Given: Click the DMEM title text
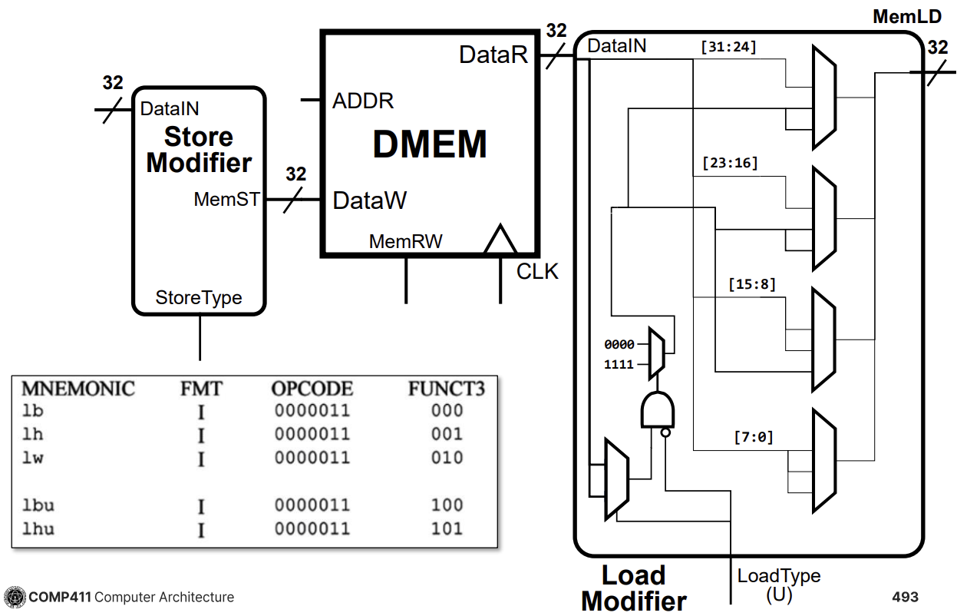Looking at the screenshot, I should [430, 144].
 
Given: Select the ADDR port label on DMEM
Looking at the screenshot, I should [362, 101].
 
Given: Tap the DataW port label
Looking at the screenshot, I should [369, 201].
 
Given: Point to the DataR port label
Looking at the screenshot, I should [493, 55].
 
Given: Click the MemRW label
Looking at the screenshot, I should [405, 241].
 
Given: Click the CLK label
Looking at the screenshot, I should [537, 272].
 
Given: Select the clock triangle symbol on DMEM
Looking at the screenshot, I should [500, 240].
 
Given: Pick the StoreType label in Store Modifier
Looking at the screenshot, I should [199, 297].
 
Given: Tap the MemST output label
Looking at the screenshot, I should [226, 200].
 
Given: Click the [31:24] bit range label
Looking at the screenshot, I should [728, 48].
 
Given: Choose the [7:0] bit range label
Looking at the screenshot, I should [753, 438].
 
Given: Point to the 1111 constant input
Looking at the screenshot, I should [619, 364].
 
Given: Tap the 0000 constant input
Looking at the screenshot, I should [619, 345].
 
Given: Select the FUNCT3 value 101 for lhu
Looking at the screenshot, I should [447, 528].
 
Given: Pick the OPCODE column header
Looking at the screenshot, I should [312, 389].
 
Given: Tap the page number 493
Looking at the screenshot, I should [905, 597].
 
